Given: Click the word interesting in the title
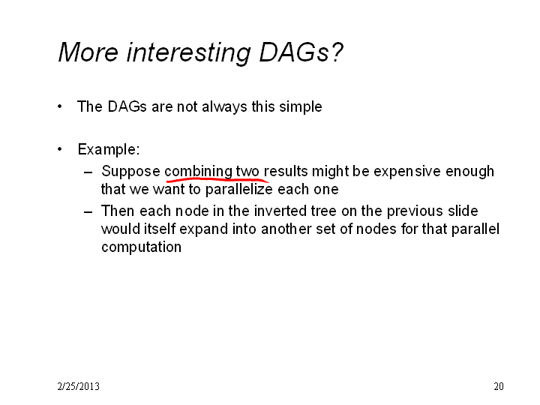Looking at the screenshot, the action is point(188,52).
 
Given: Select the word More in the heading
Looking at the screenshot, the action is point(88,52).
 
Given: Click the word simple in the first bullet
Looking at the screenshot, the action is point(300,106).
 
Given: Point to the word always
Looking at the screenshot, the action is point(224,106).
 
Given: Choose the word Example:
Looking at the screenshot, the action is point(109,149).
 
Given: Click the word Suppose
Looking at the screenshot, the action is point(130,172).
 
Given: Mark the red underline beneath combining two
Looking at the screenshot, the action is point(217,179).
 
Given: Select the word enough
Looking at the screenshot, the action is point(469,172).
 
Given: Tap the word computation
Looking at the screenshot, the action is point(141,247).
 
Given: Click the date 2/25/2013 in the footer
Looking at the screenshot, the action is point(79,386).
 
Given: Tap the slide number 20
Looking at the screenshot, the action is point(499,386).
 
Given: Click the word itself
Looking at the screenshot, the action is point(160,229).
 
